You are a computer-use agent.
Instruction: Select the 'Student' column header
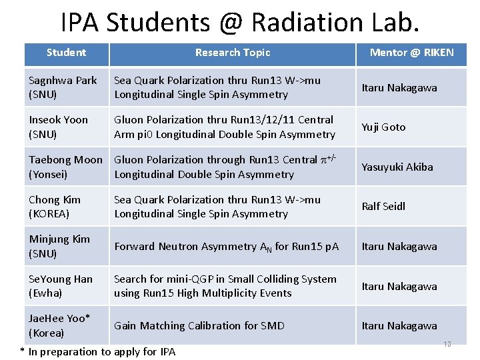tap(66, 53)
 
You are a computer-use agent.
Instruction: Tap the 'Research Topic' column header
tap(233, 53)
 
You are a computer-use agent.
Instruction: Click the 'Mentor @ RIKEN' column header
tap(411, 53)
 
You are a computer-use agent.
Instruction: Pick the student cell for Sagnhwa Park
tap(63, 87)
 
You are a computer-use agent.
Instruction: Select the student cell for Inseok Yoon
tap(59, 127)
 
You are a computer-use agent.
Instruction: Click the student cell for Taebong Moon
tap(65, 167)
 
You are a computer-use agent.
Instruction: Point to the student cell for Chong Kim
tap(55, 207)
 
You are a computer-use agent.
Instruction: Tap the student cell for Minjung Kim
tap(59, 246)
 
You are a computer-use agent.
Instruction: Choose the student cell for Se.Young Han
tap(61, 286)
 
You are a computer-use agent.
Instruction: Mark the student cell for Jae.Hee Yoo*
tap(59, 325)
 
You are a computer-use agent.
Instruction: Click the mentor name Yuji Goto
tap(383, 127)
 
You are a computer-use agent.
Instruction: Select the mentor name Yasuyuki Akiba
tap(397, 167)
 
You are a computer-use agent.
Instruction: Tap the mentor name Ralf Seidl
tap(383, 207)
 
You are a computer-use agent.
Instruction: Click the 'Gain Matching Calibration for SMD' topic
tap(199, 326)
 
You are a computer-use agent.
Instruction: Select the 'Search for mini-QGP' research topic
tap(225, 286)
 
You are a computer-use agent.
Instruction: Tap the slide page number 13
tap(447, 345)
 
